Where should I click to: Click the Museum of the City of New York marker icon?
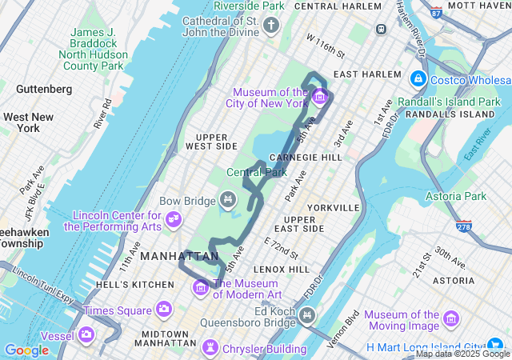320,98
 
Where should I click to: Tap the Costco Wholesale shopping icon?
417,79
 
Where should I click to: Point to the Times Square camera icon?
164,309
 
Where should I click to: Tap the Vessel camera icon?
86,334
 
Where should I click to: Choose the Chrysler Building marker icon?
210,347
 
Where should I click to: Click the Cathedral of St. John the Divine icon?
271,26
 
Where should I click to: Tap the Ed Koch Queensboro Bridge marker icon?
306,317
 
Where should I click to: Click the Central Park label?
256,172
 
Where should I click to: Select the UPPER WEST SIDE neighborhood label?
211,142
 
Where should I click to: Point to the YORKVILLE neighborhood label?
333,208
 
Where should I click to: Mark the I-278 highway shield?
463,226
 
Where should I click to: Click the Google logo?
26,350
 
